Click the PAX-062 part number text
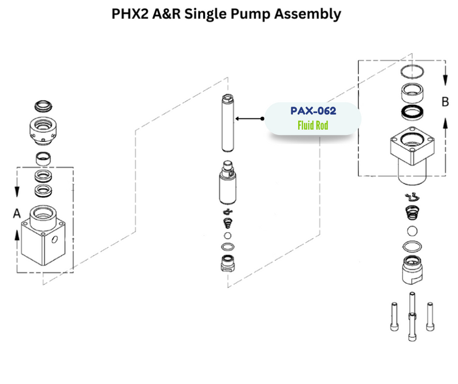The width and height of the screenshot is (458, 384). coord(313,111)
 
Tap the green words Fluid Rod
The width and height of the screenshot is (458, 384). coord(313,125)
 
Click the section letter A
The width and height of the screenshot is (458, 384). coord(17,213)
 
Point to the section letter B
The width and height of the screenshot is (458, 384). coord(445,102)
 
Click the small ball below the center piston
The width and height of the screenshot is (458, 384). coord(228,236)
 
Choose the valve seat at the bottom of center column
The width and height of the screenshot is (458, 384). coord(228,264)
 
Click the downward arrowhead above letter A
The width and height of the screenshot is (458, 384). coord(17,191)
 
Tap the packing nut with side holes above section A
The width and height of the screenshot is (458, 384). coord(42,130)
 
